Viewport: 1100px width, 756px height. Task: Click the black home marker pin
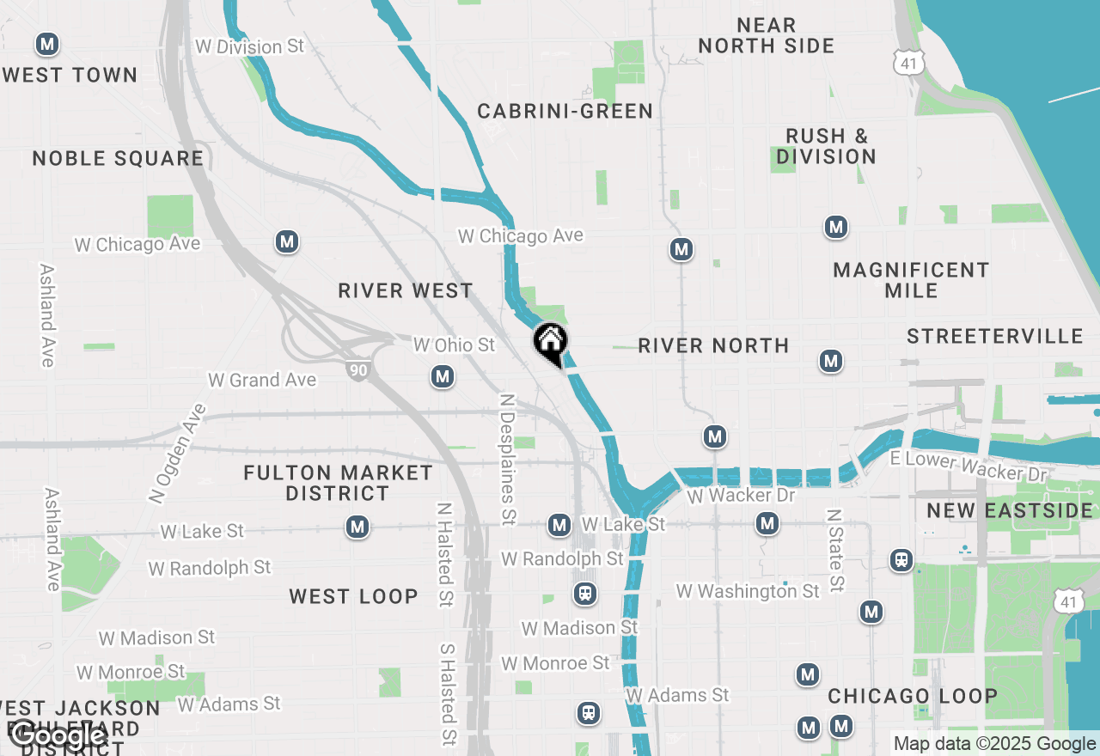pos(550,343)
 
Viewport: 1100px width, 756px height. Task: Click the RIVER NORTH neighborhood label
pos(713,345)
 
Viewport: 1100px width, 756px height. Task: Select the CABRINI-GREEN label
pos(565,111)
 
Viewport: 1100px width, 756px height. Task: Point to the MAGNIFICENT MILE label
pos(911,280)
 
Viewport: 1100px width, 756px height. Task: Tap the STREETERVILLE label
pos(994,336)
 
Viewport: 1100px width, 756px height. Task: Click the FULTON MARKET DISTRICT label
pos(338,483)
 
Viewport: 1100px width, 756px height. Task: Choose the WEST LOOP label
pos(353,596)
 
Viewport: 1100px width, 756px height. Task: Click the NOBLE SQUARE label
pos(118,158)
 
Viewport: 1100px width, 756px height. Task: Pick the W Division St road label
pos(249,46)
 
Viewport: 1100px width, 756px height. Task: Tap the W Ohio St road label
pos(454,344)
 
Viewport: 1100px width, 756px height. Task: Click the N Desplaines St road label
pos(508,459)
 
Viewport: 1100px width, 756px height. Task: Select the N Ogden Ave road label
pos(177,453)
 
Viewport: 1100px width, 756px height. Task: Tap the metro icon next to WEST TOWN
pos(47,44)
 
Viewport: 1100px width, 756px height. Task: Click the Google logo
pos(58,735)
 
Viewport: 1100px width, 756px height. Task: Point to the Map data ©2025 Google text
pos(994,744)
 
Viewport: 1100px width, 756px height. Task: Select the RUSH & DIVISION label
pos(826,146)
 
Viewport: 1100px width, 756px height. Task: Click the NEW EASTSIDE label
pos(1009,511)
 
